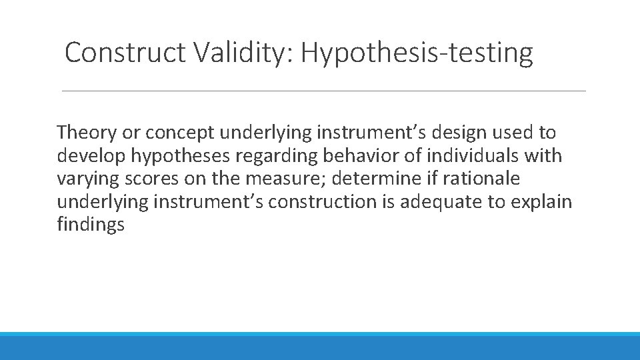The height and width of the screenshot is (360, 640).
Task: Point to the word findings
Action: coord(91,225)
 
